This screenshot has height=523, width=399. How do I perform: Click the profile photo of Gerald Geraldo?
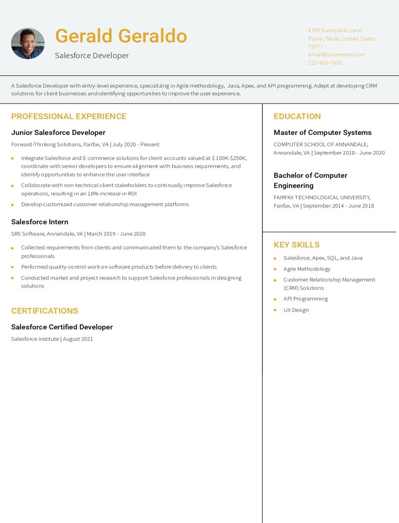28,43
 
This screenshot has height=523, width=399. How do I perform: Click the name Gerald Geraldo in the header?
121,36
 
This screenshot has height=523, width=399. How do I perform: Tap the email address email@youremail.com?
336,54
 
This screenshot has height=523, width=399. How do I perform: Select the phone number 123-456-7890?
325,63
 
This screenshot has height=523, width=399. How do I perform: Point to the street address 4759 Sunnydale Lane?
335,30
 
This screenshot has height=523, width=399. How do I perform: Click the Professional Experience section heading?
69,117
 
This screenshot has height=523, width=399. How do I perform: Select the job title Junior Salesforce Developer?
58,132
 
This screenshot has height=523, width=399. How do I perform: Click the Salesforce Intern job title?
40,222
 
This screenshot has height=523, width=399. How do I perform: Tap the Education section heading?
297,117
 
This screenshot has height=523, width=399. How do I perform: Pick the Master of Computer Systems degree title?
323,132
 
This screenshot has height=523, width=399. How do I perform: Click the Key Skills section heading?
297,245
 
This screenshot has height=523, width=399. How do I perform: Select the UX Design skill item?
296,310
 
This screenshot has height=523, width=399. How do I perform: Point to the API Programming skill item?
306,299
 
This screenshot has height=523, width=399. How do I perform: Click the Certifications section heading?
45,311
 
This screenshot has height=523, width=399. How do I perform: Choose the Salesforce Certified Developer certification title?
62,327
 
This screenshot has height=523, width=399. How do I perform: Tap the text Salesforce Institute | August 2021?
52,339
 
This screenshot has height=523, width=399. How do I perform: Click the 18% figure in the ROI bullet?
93,193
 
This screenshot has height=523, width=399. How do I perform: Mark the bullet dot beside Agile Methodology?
275,269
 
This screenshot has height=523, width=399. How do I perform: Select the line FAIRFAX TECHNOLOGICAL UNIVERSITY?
322,197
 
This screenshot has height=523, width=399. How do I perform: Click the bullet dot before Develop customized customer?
12,205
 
